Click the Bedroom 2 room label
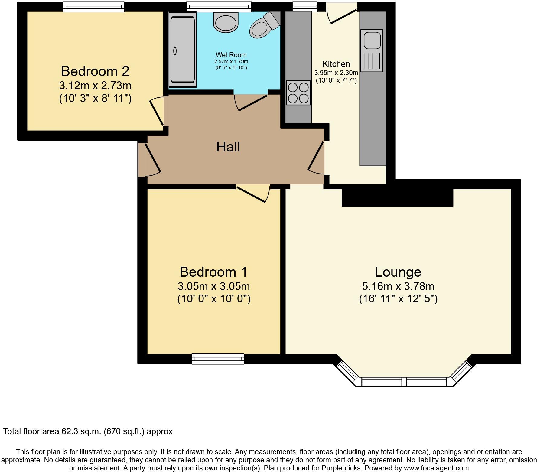95,71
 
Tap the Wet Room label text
231,55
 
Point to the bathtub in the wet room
182,50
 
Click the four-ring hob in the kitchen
298,93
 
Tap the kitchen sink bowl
372,40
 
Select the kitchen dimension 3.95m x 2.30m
336,73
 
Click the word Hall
228,147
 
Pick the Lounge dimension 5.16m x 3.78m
398,286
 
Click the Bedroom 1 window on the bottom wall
218,359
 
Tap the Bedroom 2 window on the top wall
93,6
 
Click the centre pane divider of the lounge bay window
404,382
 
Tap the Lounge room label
398,272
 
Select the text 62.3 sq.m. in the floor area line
81,431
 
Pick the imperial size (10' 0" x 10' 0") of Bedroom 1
214,299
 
